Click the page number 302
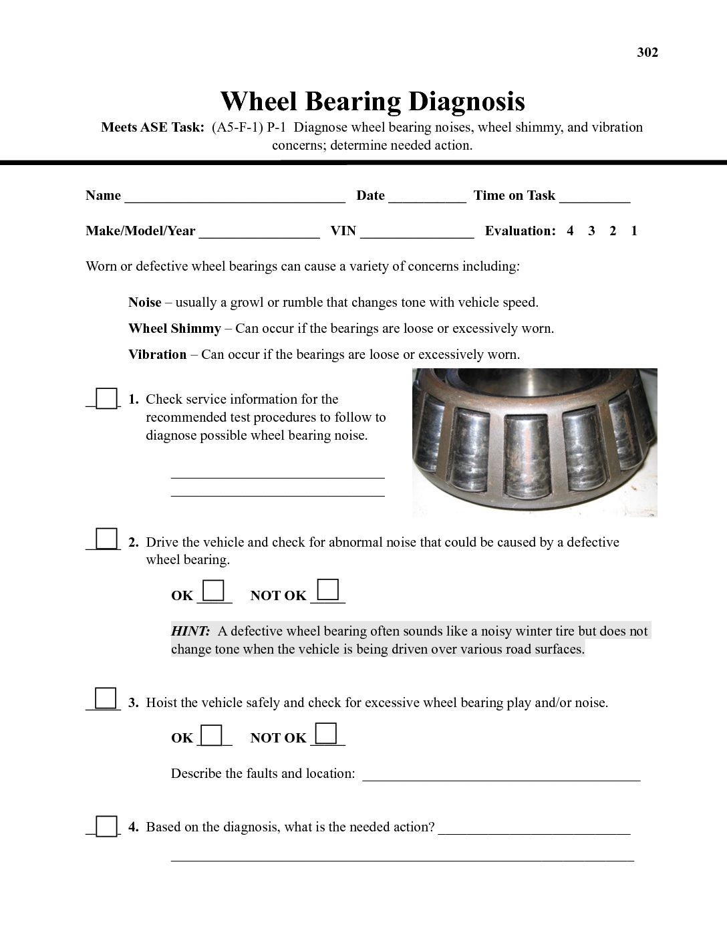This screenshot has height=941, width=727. point(647,53)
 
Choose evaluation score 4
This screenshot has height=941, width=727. point(570,231)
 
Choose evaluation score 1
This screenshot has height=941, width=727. point(634,231)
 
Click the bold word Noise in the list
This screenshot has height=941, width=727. point(145,303)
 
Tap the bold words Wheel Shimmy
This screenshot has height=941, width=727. point(174,329)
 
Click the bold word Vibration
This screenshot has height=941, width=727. point(158,355)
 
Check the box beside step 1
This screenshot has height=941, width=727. point(106,398)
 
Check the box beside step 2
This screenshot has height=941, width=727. point(106,539)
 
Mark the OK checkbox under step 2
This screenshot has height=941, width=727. point(213,591)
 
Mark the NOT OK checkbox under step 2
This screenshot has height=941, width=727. point(327,590)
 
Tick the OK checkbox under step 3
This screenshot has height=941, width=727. point(212,735)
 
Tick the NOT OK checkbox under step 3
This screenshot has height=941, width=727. point(326,733)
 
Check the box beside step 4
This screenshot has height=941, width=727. point(106,826)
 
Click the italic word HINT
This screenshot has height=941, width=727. point(190,632)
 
